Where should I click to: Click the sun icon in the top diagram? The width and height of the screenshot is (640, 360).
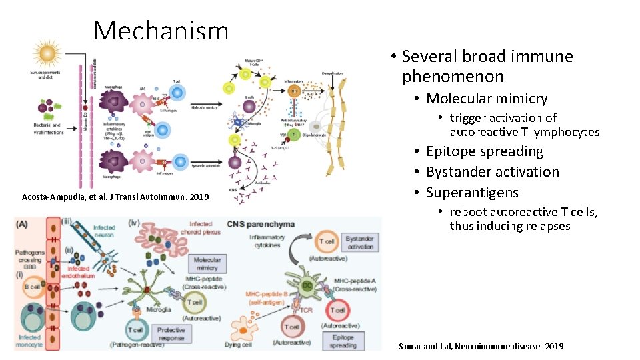(46, 53)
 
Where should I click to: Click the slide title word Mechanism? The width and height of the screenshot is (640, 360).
(161, 31)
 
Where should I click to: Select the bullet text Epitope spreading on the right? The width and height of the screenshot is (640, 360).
(485, 151)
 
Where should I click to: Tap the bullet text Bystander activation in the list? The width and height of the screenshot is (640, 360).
(493, 172)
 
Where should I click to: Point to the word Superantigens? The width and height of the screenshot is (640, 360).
(472, 193)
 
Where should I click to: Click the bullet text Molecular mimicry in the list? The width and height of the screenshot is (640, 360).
(487, 99)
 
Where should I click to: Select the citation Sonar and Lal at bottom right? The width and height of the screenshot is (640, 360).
(481, 346)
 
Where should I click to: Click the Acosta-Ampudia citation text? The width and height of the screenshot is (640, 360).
(115, 197)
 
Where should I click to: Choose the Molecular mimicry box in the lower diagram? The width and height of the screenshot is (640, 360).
(207, 264)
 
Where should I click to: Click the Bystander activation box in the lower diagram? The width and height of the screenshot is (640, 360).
(360, 242)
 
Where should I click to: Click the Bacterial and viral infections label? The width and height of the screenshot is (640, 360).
(47, 128)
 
